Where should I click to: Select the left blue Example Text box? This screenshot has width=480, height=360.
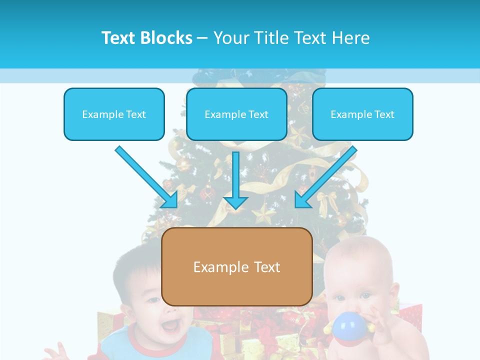(x=114, y=114)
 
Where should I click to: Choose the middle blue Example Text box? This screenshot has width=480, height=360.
(x=236, y=114)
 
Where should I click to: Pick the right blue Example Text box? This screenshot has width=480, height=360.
(x=362, y=114)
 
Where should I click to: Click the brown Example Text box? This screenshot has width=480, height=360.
(x=237, y=267)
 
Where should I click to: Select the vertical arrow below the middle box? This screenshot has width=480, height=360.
(x=235, y=180)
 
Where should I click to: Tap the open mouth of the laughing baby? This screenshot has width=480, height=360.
(x=169, y=326)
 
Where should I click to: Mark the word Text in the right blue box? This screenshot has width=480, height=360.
(x=384, y=114)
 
